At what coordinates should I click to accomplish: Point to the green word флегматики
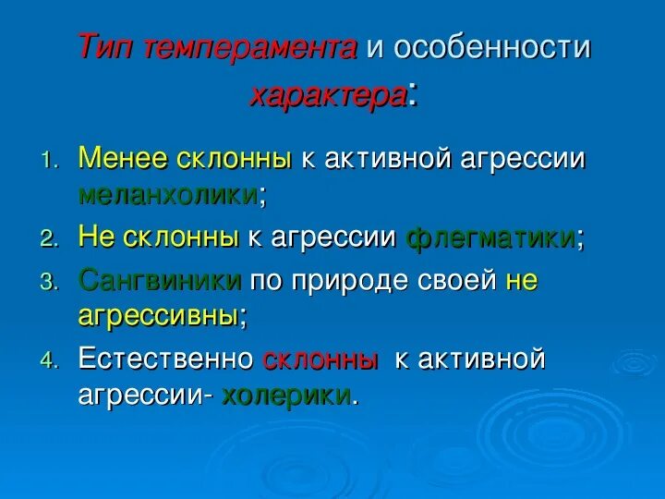pyautogui.click(x=490, y=237)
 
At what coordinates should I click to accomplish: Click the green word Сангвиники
pyautogui.click(x=161, y=280)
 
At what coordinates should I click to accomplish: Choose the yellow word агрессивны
pyautogui.click(x=158, y=315)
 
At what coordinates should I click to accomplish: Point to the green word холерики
pyautogui.click(x=285, y=395)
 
